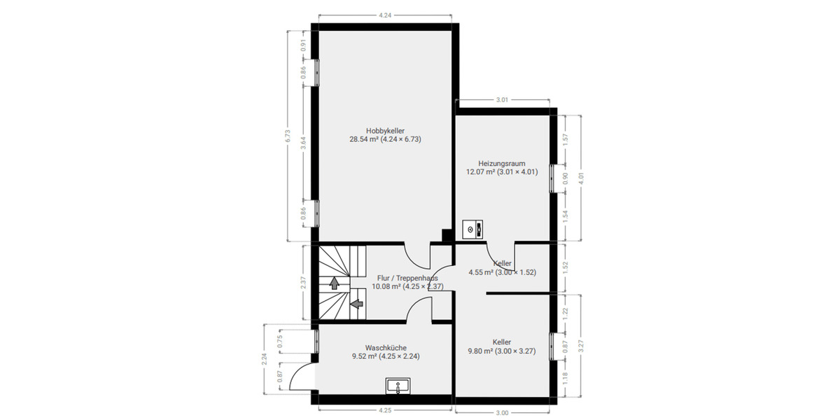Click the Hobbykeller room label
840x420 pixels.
pos(385,130)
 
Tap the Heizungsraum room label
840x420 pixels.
pos(501,163)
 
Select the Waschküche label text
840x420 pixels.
pos(385,347)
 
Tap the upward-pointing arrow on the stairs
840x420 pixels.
pos(334,283)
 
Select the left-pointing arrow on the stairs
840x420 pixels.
pos(356,304)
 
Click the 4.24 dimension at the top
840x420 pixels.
pos(384,15)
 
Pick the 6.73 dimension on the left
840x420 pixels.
pos(287,136)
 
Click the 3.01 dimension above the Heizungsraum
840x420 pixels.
pos(501,100)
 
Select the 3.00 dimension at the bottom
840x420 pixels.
pos(501,412)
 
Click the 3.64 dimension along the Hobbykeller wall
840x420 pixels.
pos(303,142)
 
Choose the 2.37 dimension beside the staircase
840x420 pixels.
pos(303,283)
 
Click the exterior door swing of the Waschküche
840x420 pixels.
pos(300,378)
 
